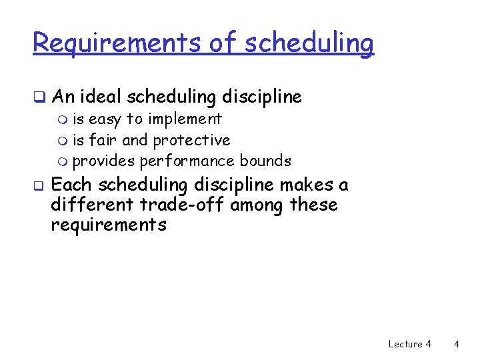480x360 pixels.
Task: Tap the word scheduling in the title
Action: [x=310, y=43]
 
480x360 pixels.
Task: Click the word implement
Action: [x=186, y=119]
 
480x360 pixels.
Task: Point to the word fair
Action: [x=103, y=140]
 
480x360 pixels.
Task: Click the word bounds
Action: [x=265, y=161]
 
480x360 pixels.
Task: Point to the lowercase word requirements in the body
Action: [x=108, y=225]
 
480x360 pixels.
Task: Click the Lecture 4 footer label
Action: [x=409, y=344]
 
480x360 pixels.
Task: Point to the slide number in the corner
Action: [x=456, y=344]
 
